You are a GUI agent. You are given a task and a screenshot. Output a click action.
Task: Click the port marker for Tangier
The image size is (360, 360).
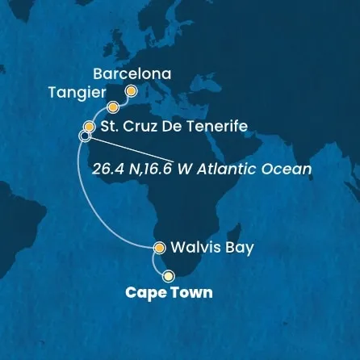[113, 107]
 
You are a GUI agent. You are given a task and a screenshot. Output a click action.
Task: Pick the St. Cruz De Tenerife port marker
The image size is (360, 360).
[90, 126]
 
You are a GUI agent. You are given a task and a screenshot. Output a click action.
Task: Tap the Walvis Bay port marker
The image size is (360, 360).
[160, 248]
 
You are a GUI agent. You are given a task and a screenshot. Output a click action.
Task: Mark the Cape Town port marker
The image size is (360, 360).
[169, 275]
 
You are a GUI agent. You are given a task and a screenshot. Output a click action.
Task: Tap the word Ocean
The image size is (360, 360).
[287, 170]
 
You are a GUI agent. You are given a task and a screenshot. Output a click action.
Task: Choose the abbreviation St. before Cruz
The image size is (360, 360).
[108, 127]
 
